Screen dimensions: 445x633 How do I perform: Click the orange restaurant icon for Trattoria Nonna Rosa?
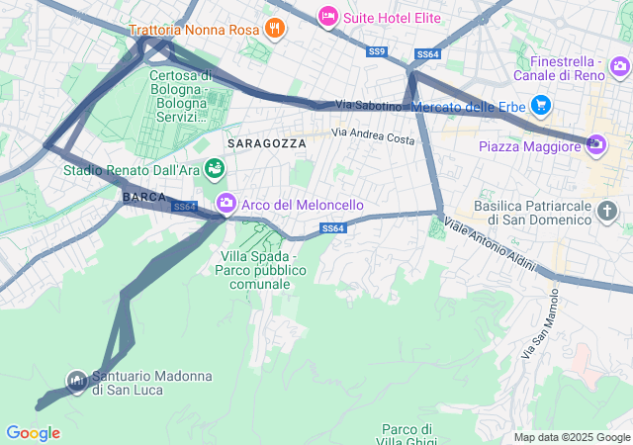[x=275, y=29]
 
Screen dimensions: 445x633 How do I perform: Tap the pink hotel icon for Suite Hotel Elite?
[x=327, y=16]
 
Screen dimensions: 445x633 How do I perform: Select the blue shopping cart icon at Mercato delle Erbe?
[x=540, y=104]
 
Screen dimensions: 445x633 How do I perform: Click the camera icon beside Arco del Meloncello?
[x=226, y=204]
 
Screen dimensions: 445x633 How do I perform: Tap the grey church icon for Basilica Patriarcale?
[x=606, y=212]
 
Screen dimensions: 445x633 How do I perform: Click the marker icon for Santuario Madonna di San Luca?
[x=77, y=380]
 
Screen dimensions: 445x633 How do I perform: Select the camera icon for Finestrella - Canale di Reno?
[x=619, y=67]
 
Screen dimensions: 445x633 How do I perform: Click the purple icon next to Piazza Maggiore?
[x=594, y=145]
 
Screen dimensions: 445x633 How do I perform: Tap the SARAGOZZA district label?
[x=266, y=143]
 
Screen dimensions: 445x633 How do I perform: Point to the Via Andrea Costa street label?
[x=373, y=135]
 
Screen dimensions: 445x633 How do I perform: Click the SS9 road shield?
[x=376, y=51]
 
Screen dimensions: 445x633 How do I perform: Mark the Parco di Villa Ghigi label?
[x=407, y=435]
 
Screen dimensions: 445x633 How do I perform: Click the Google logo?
[x=33, y=433]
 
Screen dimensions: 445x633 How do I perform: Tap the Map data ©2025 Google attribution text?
[x=572, y=437]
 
